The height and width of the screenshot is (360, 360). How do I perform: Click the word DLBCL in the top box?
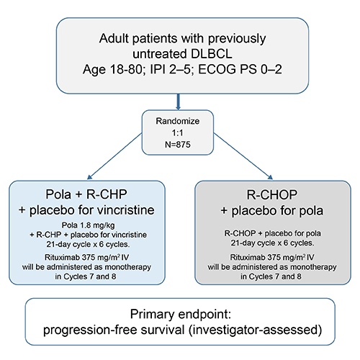point(212,54)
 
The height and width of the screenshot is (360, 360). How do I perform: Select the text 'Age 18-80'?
point(113,70)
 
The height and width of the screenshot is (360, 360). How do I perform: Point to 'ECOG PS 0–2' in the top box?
point(240,70)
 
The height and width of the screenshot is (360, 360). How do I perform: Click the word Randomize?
point(178,121)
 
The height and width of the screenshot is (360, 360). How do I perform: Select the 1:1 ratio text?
point(178,132)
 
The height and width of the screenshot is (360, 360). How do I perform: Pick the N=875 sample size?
point(178,145)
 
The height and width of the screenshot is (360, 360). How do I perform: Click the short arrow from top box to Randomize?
point(178,102)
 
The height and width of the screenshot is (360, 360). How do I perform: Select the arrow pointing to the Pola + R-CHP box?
point(114,156)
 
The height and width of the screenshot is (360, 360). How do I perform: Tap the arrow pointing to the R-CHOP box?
point(243,156)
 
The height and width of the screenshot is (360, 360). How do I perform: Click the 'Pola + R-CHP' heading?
point(86,194)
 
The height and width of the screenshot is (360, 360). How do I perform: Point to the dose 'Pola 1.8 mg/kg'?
point(89,225)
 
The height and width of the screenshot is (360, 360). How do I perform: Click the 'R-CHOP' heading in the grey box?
point(272,194)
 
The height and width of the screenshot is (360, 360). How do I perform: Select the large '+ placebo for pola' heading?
point(272,211)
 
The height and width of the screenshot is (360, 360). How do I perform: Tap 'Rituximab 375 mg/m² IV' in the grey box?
point(272,258)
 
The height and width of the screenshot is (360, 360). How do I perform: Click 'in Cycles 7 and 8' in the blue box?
point(86,276)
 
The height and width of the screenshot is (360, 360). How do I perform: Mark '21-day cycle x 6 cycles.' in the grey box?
point(272,243)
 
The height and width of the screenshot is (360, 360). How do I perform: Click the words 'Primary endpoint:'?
point(181,314)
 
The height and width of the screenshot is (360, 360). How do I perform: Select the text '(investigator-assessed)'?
point(255,330)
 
